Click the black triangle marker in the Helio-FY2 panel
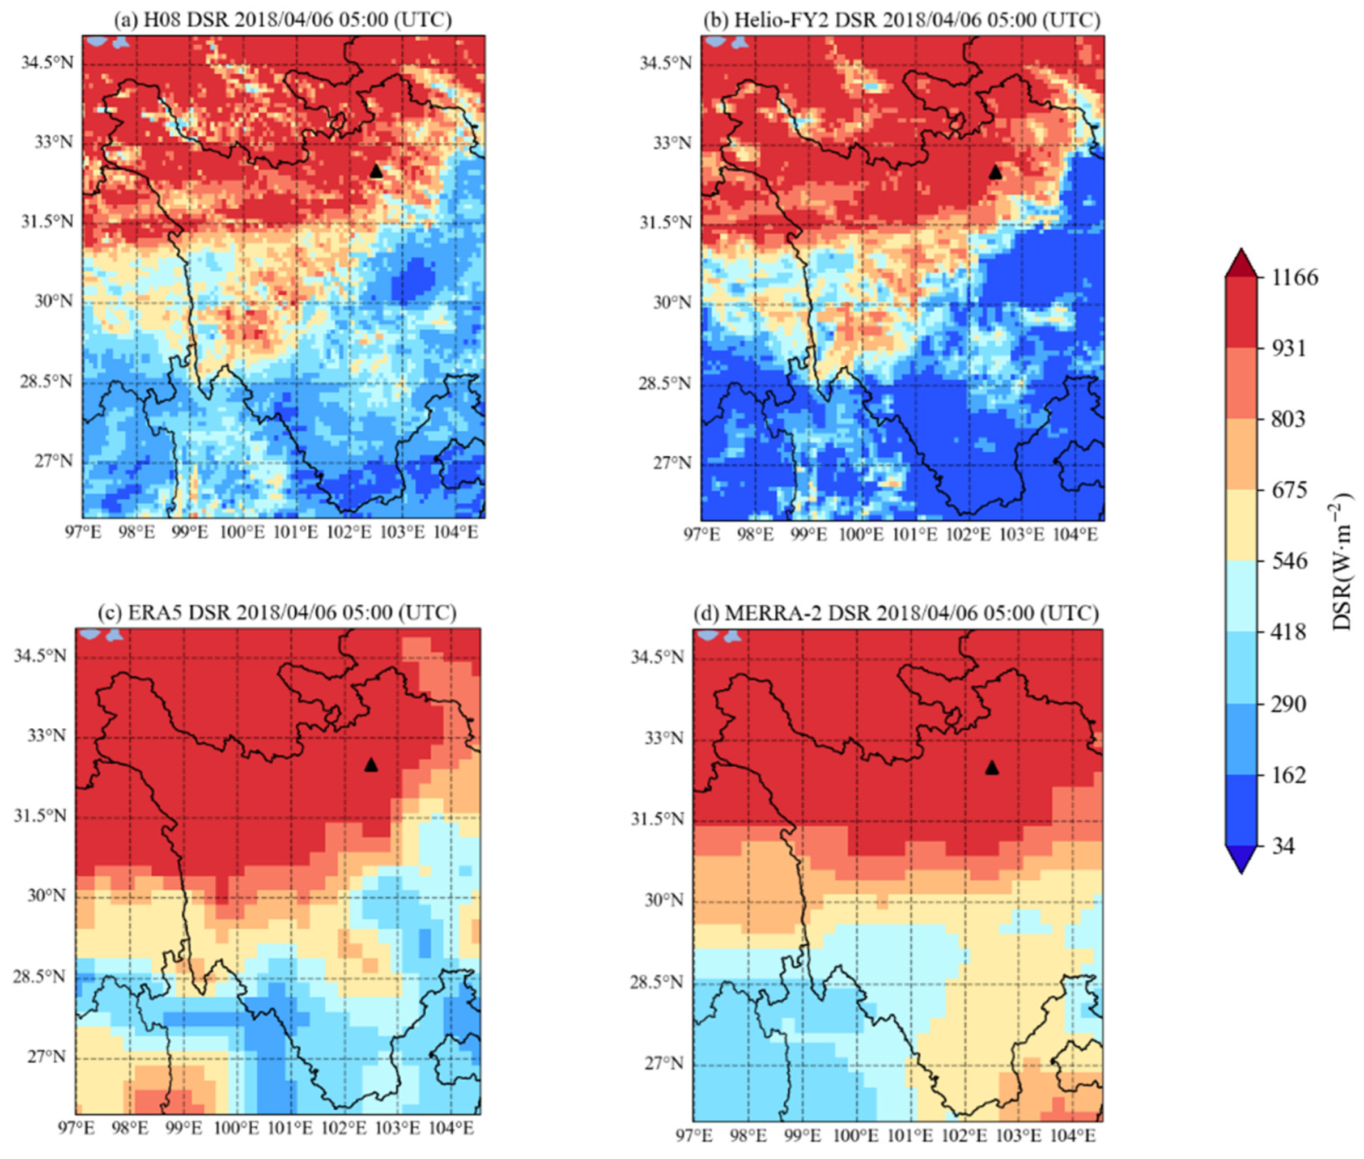[995, 173]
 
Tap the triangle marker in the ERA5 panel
[371, 765]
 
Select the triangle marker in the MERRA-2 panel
[992, 767]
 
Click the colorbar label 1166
[1294, 277]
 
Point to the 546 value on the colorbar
[1289, 562]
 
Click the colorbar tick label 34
[1283, 846]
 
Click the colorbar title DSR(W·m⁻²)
[1342, 562]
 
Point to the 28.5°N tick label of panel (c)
[40, 977]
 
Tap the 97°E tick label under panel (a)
[83, 532]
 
